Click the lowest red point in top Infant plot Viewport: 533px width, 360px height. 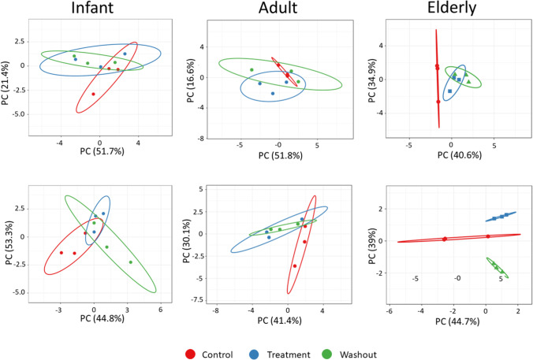[93, 94]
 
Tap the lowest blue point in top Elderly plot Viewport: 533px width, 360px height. [450, 91]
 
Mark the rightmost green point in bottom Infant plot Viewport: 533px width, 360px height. [131, 262]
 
